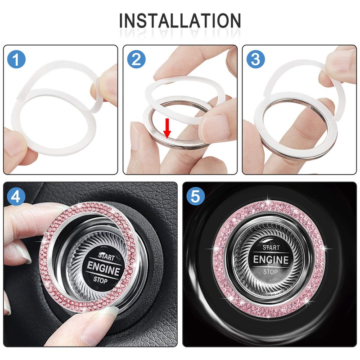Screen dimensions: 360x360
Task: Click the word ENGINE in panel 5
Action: [x=270, y=260]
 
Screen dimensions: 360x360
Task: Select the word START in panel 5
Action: [x=271, y=247]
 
